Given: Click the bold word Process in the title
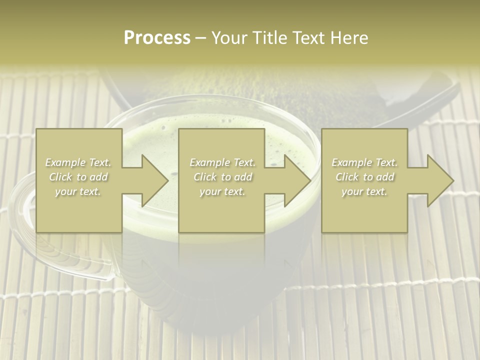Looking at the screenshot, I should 157,37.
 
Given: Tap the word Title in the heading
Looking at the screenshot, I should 267,37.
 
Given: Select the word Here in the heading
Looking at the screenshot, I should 349,37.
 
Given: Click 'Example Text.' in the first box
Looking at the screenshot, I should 78,162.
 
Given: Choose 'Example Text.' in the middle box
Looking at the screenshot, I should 222,162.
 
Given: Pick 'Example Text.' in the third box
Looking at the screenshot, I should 364,162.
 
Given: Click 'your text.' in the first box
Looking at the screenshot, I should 78,191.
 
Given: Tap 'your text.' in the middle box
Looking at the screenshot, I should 222,191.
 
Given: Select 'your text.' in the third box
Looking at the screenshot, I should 364,191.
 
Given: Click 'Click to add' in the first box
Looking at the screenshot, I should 78,177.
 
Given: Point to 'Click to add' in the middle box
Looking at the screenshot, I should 222,177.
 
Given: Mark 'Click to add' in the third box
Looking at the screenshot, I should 364,177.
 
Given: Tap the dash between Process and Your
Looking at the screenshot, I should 201,38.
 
